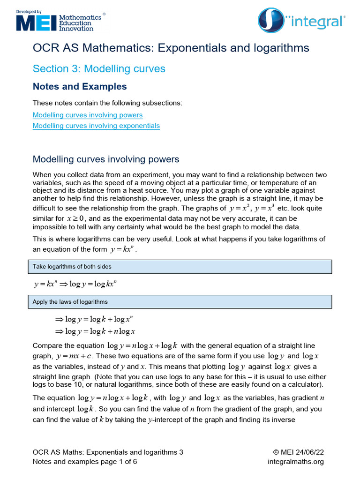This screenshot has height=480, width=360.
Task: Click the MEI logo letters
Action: click(36, 22)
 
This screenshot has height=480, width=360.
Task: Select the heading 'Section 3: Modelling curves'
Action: click(99, 69)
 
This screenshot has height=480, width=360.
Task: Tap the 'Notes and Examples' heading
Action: click(80, 87)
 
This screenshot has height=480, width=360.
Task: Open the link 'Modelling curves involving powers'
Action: click(88, 115)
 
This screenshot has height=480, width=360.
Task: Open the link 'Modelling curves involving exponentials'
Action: click(96, 126)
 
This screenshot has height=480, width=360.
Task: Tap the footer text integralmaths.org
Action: click(295, 462)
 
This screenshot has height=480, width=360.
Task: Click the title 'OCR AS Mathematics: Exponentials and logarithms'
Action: click(171, 48)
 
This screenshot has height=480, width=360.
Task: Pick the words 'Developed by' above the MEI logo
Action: click(29, 11)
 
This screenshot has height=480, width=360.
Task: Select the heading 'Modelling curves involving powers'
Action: click(106, 159)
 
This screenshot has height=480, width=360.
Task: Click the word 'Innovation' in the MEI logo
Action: click(76, 29)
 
